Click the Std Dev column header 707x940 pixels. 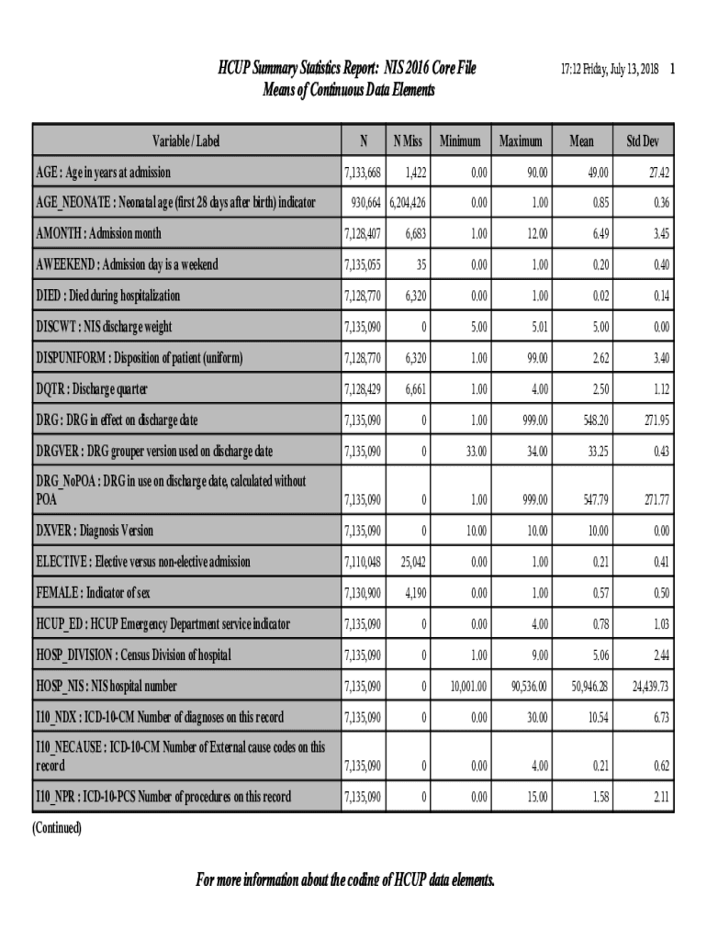[x=643, y=141]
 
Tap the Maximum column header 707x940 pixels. [x=521, y=141]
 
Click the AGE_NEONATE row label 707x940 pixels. [x=174, y=203]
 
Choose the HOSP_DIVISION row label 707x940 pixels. [x=133, y=655]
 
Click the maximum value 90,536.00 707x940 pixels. [x=526, y=686]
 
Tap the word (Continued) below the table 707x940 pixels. [x=57, y=828]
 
